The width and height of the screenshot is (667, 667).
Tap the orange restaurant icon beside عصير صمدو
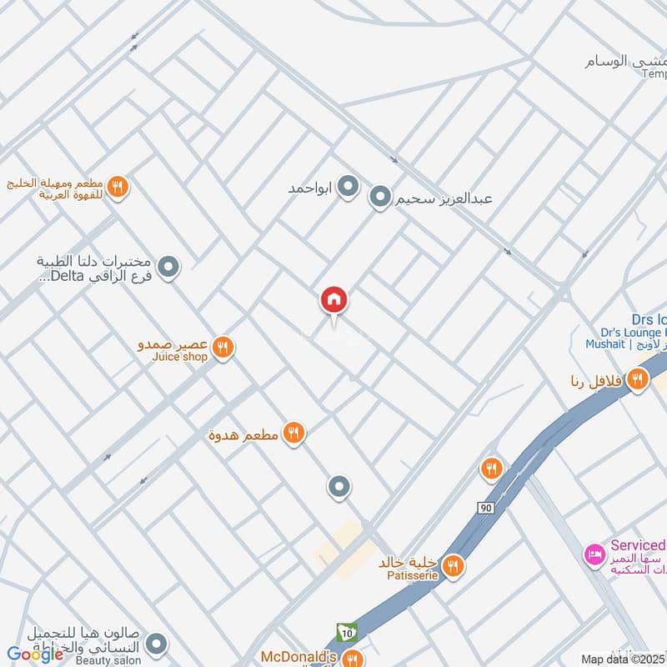(x=222, y=347)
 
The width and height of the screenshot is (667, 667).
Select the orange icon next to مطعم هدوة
(x=293, y=433)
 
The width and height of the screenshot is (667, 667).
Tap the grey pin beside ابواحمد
(x=349, y=187)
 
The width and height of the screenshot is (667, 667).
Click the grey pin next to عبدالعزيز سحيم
(x=380, y=198)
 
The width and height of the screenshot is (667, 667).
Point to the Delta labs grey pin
(x=169, y=268)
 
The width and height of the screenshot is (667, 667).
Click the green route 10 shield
(x=344, y=634)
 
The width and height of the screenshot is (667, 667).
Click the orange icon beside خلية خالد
(x=453, y=567)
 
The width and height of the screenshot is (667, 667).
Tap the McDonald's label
(x=298, y=657)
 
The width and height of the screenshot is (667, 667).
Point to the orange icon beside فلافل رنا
(x=638, y=380)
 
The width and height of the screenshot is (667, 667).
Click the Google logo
(x=36, y=654)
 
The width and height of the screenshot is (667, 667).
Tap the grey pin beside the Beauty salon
(x=155, y=644)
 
